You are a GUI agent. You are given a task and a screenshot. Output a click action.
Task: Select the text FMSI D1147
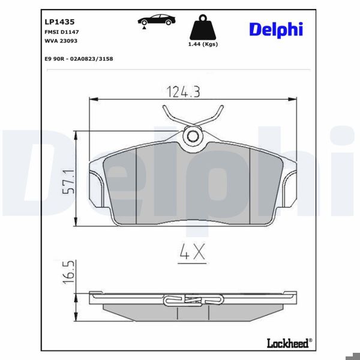coord(59,31)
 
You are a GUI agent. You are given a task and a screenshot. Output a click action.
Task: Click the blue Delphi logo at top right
coord(276,29)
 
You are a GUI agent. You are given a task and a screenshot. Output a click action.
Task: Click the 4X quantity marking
coord(193,253)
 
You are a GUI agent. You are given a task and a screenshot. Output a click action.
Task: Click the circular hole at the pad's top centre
coord(193,137)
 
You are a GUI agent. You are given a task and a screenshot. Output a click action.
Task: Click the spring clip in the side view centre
coord(193,300)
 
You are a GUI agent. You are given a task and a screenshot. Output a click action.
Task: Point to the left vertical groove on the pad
coord(137,186)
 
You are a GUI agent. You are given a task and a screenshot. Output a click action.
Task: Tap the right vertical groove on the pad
coord(249,186)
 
